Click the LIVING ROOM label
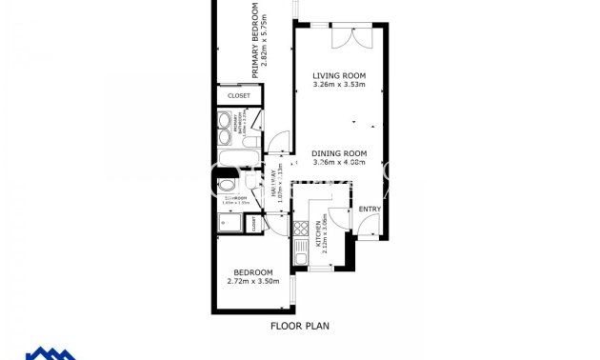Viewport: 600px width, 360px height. pos(340,76)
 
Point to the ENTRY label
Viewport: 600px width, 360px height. pos(370,210)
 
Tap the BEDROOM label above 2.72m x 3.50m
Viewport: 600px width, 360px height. pos(250,271)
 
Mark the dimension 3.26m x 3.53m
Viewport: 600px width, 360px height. pos(340,86)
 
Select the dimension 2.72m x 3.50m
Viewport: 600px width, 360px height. pos(250,281)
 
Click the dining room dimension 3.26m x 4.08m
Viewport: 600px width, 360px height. pos(340,162)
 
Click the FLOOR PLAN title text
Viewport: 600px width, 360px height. pos(299,326)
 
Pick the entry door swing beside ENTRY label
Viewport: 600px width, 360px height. pos(368,226)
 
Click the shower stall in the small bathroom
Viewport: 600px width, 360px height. pos(229,224)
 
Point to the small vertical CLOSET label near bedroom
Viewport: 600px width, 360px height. pos(254,224)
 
